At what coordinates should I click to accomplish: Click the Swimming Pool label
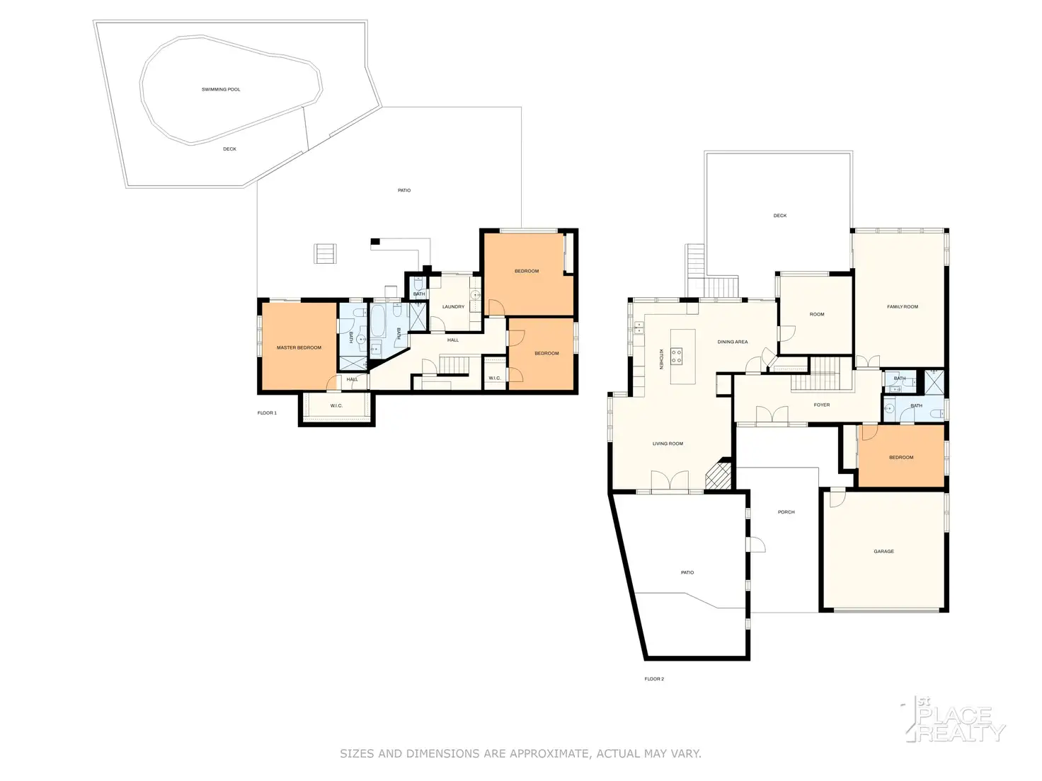pos(221,90)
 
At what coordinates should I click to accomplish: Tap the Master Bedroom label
pos(299,348)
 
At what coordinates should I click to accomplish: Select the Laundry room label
pos(453,307)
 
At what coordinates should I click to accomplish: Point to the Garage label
pos(883,552)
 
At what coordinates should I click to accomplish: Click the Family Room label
pos(903,307)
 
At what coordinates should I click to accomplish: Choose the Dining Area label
pos(732,342)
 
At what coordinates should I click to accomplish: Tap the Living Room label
pos(668,444)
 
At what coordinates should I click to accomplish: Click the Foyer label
pos(821,405)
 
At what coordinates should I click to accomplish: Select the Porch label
pos(786,512)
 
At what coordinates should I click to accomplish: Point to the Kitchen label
pos(661,359)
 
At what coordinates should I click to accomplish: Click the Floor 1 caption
pos(267,413)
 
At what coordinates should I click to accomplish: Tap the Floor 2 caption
pos(654,679)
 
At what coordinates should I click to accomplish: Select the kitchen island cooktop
pos(676,356)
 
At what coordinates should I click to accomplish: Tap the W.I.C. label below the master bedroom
pos(336,406)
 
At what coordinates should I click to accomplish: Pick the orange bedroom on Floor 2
pos(900,456)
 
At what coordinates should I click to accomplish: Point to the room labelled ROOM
pos(817,315)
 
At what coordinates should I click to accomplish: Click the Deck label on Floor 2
pos(779,216)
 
